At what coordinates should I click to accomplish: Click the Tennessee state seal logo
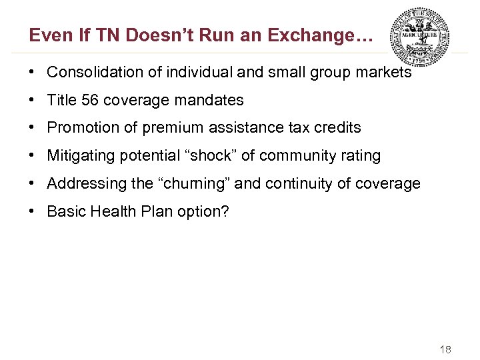click(x=419, y=37)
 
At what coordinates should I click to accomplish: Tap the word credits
click(x=338, y=128)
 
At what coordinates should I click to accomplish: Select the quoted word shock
click(x=217, y=156)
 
